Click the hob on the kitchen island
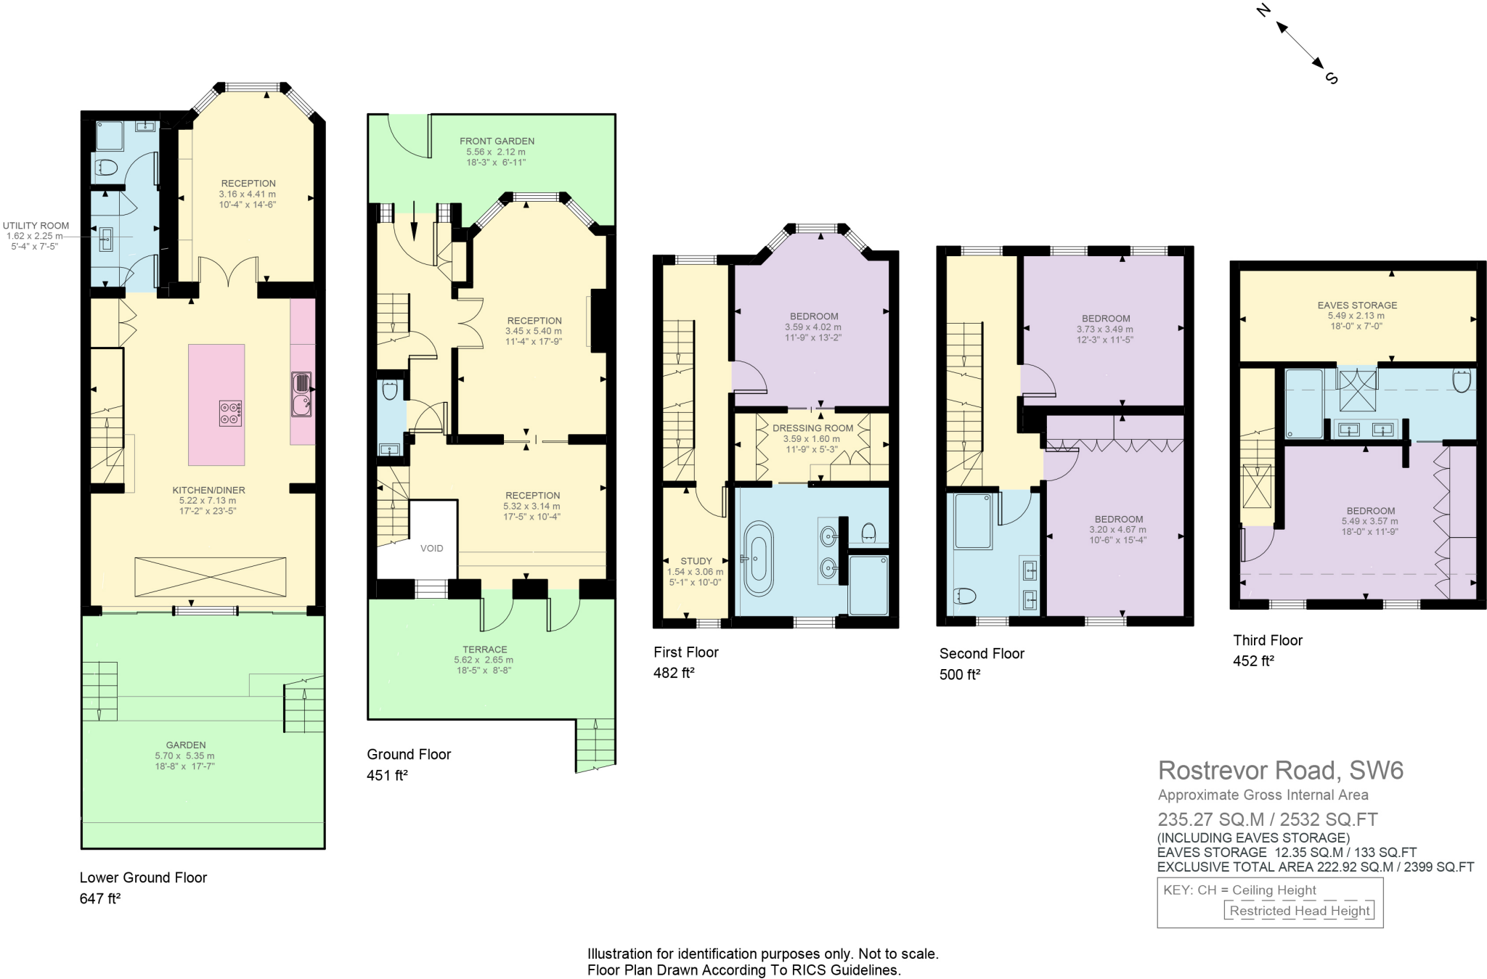pos(230,413)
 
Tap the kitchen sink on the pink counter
pos(301,393)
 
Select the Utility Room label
pos(35,226)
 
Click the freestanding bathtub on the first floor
pos(758,558)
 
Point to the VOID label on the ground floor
pos(431,548)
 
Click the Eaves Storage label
pos(1357,306)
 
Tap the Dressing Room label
pos(812,428)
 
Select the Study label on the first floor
pos(696,561)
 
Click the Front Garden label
pos(497,141)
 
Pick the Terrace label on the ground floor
pos(484,650)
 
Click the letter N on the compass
pos(1263,11)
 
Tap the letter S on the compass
pos(1331,78)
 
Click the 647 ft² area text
pos(99,898)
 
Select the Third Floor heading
pos(1267,640)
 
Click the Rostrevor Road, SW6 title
pos(1280,770)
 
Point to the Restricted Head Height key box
pos(1299,911)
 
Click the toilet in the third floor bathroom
pos(1462,380)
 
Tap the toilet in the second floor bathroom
pos(964,596)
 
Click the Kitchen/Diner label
pos(208,490)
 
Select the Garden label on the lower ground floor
pos(186,745)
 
